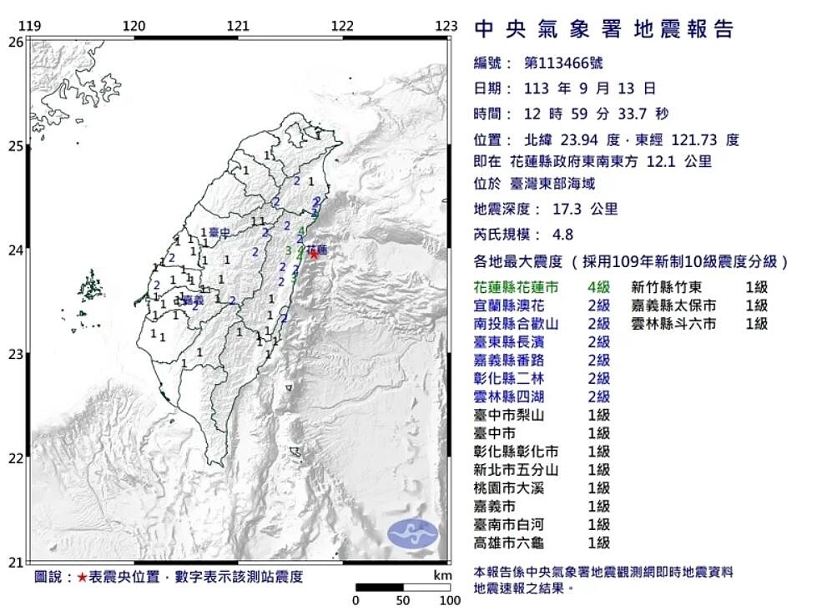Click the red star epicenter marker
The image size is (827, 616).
314,253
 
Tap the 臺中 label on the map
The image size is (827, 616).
219,232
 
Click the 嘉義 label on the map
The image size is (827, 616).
193,299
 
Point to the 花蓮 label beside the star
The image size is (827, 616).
317,249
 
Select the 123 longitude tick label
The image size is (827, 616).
446,26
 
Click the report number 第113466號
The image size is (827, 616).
563,63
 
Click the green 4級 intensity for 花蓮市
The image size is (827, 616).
598,286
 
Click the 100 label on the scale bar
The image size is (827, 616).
450,600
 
